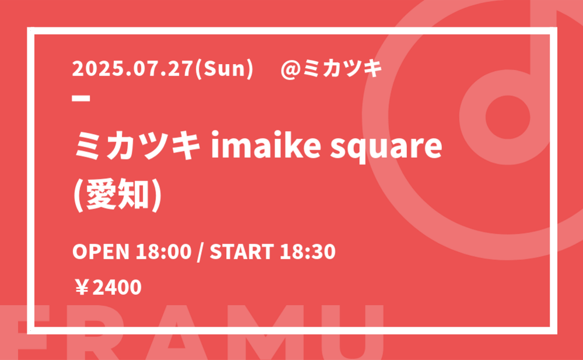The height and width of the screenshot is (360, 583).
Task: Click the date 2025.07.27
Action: click(x=133, y=69)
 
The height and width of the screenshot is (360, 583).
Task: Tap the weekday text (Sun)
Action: click(x=224, y=69)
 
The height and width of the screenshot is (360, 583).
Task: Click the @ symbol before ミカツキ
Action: click(x=291, y=69)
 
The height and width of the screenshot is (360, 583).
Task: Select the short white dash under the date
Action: click(x=81, y=98)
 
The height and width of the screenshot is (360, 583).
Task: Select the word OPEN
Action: click(x=101, y=252)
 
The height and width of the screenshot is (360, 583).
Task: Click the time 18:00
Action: click(x=163, y=252)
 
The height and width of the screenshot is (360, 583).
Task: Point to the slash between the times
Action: click(x=201, y=252)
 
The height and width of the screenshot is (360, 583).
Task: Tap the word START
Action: click(x=242, y=252)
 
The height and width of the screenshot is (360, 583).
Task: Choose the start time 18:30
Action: click(x=308, y=252)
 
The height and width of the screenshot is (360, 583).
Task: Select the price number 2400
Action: click(x=117, y=288)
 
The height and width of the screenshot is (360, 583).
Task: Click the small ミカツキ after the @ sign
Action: click(x=343, y=69)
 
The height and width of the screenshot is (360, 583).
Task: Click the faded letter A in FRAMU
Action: click(x=177, y=333)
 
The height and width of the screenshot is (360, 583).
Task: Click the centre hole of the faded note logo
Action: click(x=508, y=117)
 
